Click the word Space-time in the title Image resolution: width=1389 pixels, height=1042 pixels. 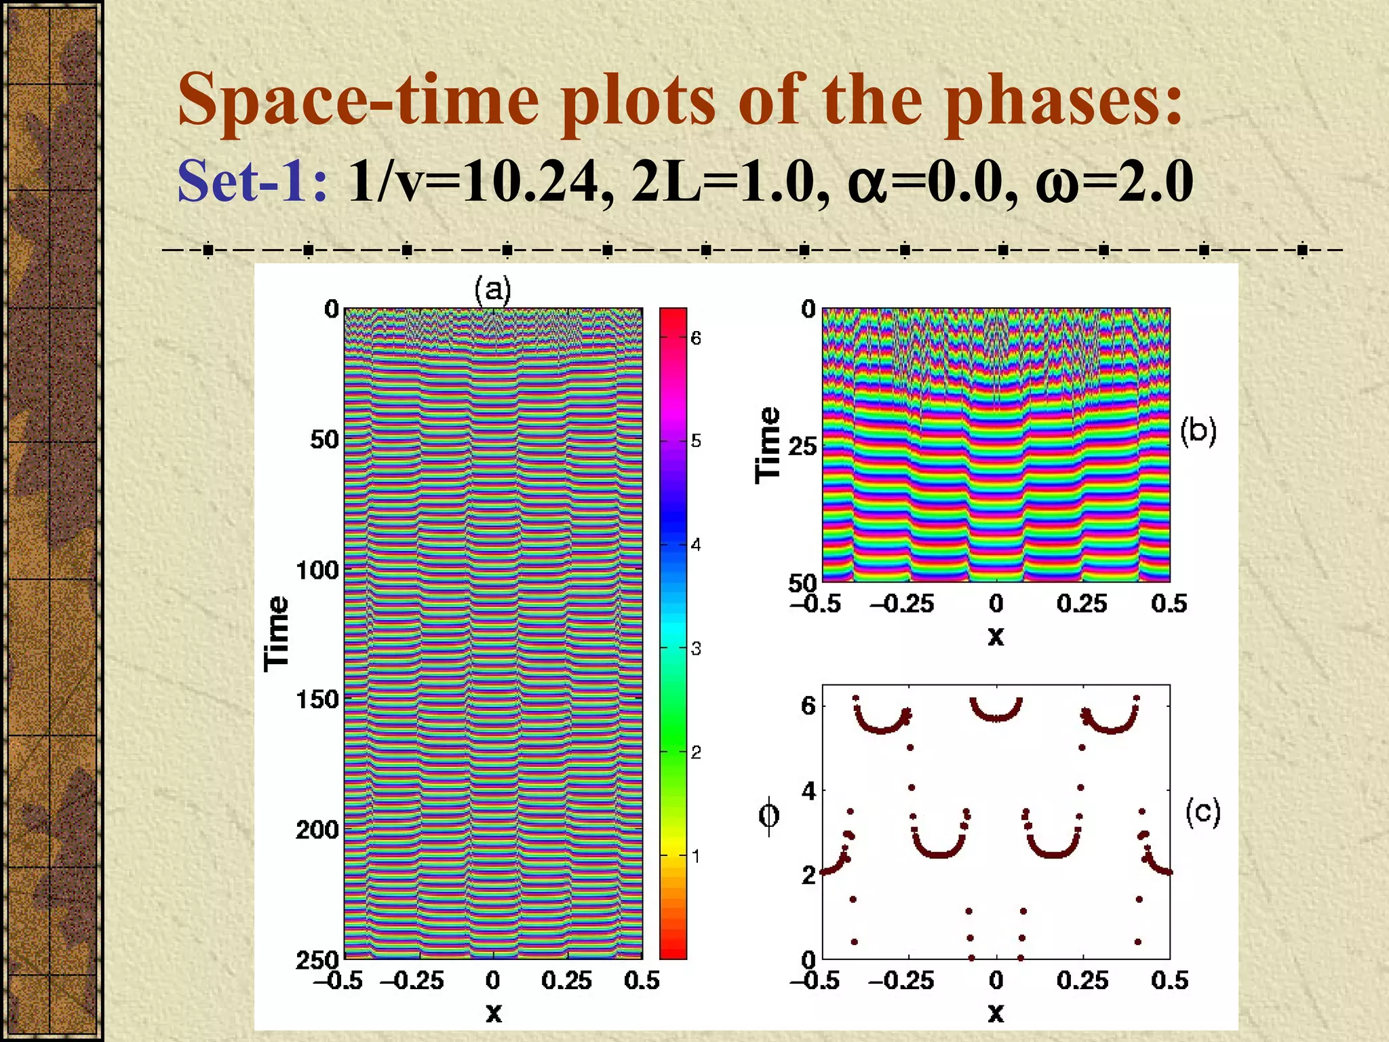point(358,100)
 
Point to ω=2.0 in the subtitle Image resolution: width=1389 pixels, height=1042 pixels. point(1114,181)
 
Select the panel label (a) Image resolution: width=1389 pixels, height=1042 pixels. point(492,290)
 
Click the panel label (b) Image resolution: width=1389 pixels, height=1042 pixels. point(1198,431)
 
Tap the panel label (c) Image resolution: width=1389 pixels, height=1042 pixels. point(1202,811)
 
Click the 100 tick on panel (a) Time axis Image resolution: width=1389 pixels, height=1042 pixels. point(317,570)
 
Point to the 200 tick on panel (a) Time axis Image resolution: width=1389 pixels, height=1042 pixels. point(317,829)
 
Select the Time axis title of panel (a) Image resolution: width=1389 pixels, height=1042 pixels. point(277,634)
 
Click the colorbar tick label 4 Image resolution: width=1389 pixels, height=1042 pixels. point(696,545)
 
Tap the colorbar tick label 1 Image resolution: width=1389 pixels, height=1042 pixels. point(696,856)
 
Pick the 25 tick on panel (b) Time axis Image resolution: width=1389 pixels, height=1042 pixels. point(802,446)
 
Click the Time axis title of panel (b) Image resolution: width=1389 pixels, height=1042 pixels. point(768,445)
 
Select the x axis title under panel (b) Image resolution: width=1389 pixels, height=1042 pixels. point(996,636)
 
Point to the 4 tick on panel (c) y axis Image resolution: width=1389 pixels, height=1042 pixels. point(808,790)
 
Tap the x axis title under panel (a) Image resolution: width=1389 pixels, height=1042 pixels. point(494,1013)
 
